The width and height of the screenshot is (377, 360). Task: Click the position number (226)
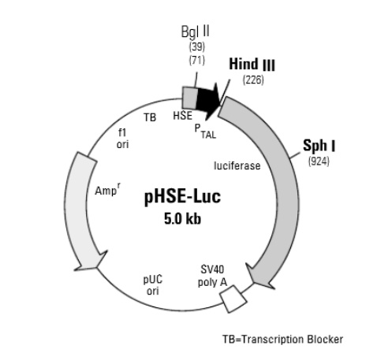click(252, 80)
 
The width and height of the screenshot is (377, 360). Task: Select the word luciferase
click(237, 166)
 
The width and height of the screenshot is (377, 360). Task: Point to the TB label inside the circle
click(150, 117)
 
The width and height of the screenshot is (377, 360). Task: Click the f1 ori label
click(122, 139)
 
